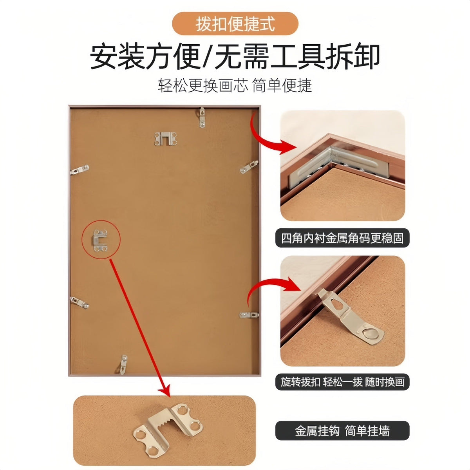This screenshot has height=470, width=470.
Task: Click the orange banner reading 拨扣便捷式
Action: pos(235,23)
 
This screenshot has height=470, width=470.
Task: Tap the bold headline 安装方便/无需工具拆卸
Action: pos(235,56)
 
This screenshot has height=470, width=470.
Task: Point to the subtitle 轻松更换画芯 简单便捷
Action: pos(235,86)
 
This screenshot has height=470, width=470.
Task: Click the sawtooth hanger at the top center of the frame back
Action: pos(165,139)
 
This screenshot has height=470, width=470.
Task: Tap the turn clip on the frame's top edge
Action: pos(202,117)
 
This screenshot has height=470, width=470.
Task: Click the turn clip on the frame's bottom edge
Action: pos(123,365)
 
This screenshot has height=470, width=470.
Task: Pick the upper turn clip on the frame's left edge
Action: pos(80,170)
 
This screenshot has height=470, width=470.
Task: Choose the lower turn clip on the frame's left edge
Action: pos(80,303)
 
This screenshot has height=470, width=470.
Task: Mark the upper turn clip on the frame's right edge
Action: pos(249,167)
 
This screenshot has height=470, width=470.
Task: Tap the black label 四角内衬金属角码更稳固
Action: pos(342,238)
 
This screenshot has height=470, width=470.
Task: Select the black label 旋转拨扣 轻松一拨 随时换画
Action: pos(342,382)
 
